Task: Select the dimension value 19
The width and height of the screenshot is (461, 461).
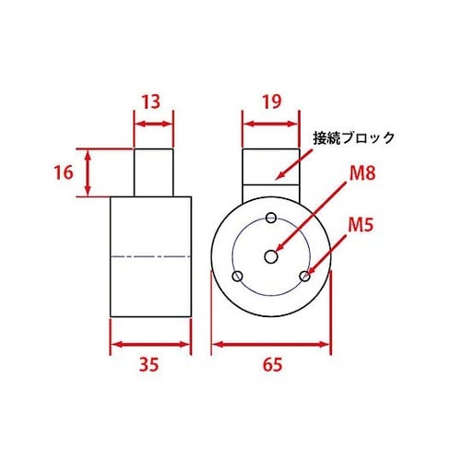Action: pos(270,101)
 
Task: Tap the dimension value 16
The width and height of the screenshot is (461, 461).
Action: pos(62,172)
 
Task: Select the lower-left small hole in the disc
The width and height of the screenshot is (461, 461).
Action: pos(238,276)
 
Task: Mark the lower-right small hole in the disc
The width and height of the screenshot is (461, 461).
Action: pos(303,275)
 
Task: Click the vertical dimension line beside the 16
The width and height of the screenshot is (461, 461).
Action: pos(88,172)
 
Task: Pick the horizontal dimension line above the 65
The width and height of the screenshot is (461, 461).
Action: pos(271,345)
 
